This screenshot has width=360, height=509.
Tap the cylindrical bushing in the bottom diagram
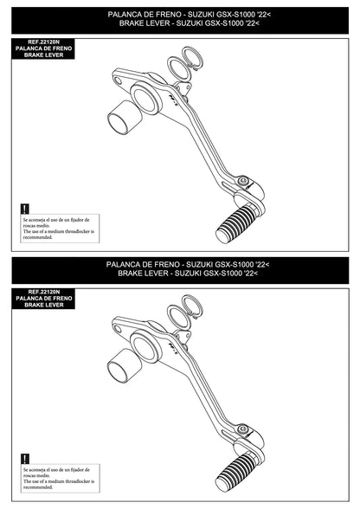[122, 367]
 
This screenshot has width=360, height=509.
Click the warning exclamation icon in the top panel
[25, 209]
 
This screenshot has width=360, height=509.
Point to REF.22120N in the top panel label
[43, 42]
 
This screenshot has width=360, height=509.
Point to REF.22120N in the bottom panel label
[43, 292]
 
